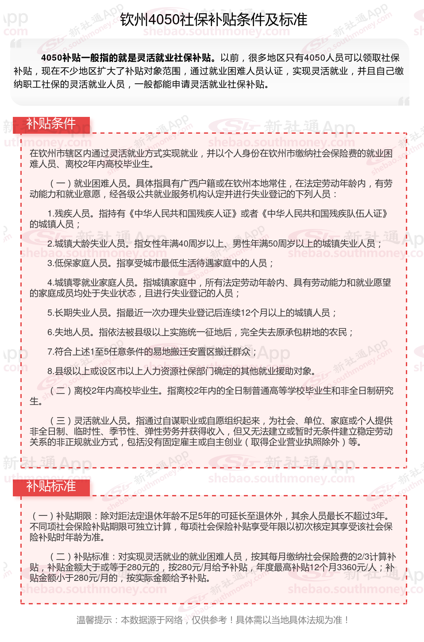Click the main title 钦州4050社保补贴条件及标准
click(214, 19)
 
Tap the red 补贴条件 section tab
click(51, 124)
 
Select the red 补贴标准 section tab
click(51, 486)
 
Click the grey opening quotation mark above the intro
click(16, 43)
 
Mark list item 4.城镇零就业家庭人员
click(91, 283)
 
